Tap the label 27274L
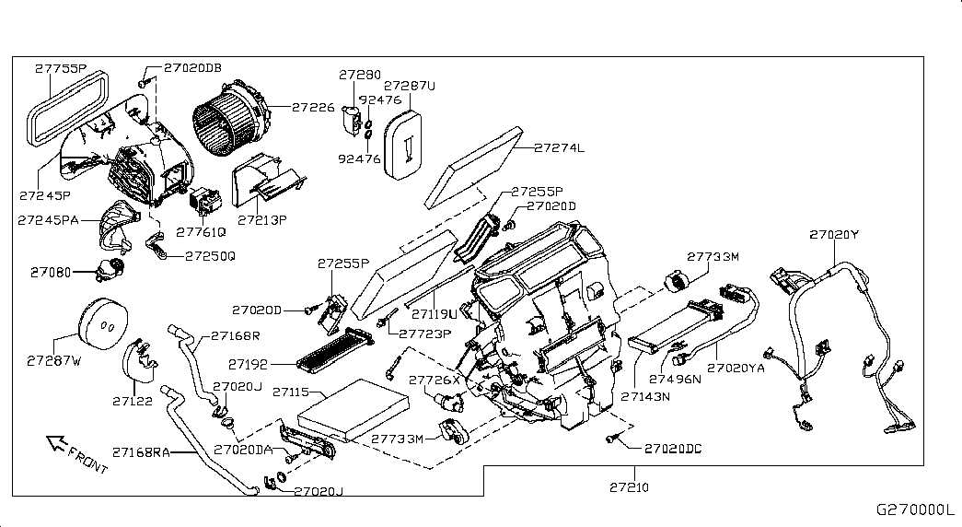560,146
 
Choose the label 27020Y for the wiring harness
833,235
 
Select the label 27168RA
141,451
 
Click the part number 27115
296,392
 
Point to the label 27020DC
673,449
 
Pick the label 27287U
410,85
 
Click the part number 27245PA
48,219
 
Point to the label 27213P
262,220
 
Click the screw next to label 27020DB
144,83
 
